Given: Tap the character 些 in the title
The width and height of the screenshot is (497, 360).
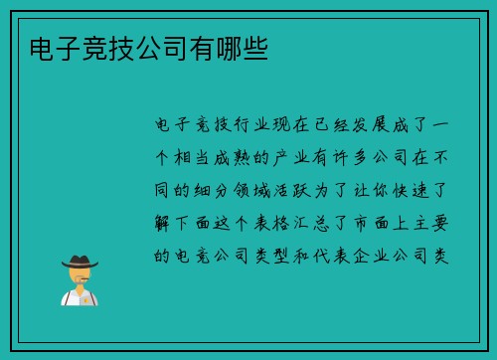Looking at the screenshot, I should [255, 46].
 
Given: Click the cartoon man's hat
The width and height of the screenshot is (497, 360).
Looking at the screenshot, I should [80, 261].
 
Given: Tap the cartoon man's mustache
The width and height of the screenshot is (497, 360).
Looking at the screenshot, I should [79, 280].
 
